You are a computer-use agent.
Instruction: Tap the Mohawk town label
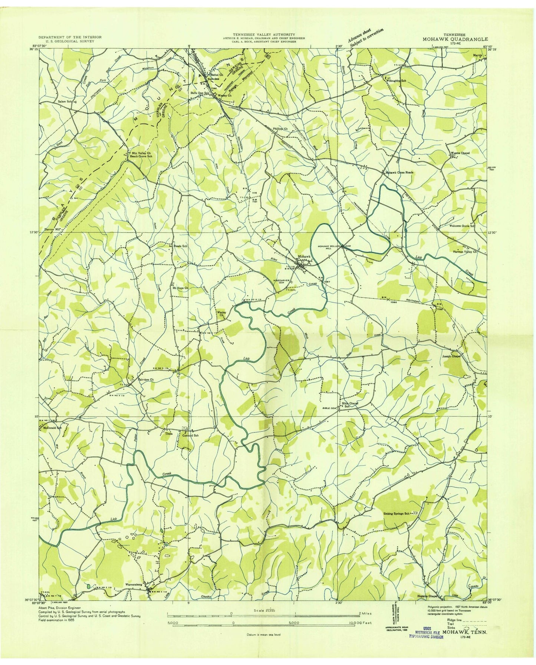tap(303, 257)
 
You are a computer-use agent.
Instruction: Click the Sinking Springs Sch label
tap(396, 514)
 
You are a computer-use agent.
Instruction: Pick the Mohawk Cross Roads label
tap(399, 173)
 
